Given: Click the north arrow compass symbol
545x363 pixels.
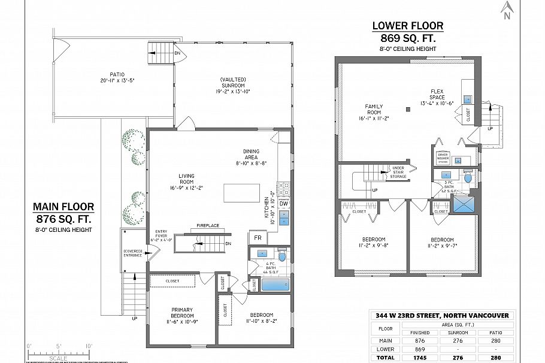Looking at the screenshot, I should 507,9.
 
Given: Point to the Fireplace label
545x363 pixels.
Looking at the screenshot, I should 208,226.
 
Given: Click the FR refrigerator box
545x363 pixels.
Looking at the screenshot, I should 257,238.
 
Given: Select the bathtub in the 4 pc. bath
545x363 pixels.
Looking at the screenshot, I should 275,284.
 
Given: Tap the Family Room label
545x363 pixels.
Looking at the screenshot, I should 374,112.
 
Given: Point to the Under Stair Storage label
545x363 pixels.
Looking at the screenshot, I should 398,172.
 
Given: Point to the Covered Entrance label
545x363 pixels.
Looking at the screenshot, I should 133,253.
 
